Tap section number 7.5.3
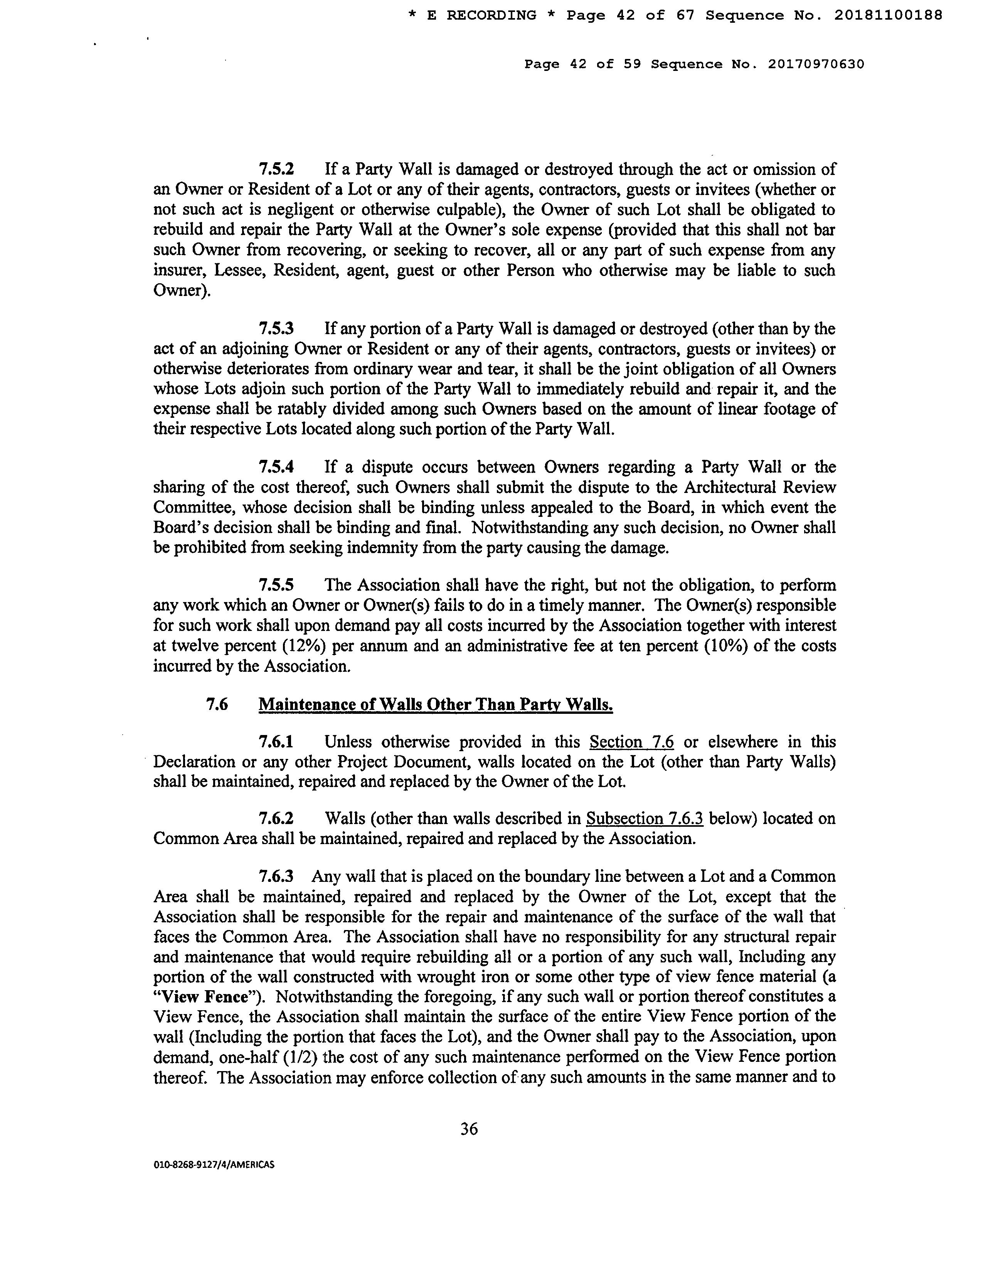point(276,329)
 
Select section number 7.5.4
point(276,467)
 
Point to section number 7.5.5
point(276,585)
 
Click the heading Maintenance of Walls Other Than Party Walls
point(436,705)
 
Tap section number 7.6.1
point(276,742)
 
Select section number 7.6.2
point(276,819)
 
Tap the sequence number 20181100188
point(887,16)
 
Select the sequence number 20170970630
point(815,64)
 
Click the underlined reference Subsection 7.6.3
point(645,819)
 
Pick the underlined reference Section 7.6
point(631,742)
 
